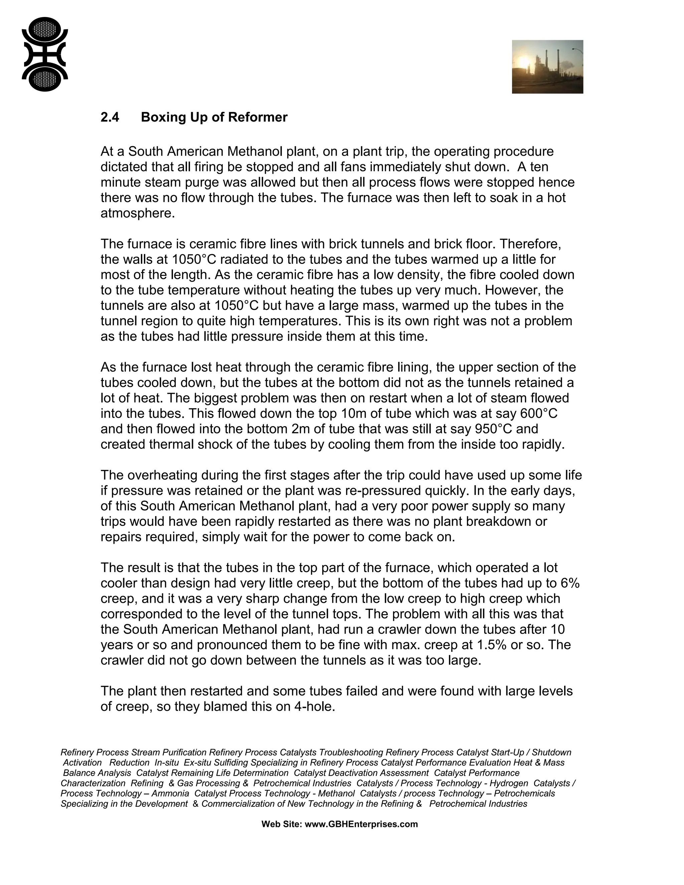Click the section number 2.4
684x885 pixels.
click(110, 117)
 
